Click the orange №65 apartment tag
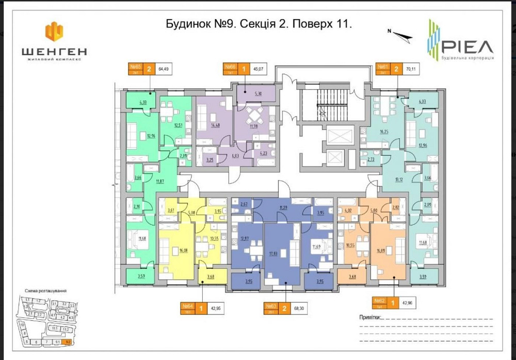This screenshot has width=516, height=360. [136, 69]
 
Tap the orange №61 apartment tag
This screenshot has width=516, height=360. [383, 69]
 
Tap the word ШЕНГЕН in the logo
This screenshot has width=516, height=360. [54, 51]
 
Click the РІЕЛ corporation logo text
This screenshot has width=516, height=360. [467, 47]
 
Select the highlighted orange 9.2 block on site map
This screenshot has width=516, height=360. [66, 341]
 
